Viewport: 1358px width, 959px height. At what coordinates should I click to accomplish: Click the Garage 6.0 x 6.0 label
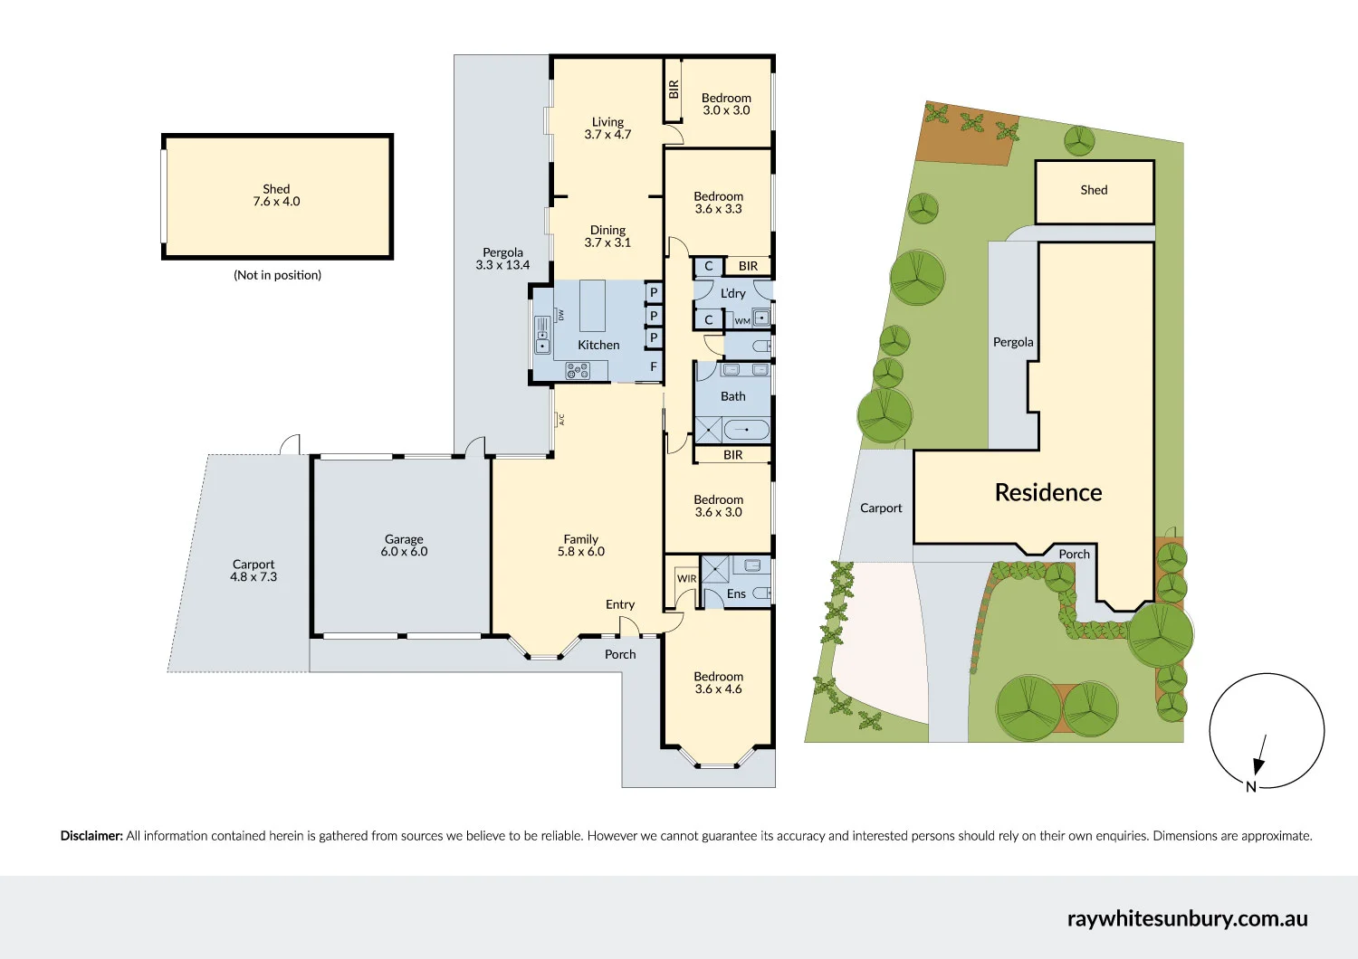tap(404, 545)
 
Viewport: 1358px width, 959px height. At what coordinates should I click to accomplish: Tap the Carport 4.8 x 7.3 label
tap(253, 570)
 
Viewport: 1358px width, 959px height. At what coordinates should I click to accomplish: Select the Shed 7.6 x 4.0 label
tap(276, 195)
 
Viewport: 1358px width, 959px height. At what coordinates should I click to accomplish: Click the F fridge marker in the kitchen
tap(654, 366)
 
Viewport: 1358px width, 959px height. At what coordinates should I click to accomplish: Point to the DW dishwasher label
tap(561, 315)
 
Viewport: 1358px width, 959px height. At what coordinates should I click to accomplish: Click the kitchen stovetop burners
tap(578, 370)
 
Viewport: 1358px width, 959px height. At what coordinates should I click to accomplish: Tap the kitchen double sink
tap(542, 335)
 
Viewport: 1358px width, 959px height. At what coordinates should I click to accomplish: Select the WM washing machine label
tap(742, 321)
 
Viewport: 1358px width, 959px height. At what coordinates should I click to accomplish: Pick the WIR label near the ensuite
tap(687, 579)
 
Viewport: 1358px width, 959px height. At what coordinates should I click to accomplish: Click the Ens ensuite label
tap(736, 594)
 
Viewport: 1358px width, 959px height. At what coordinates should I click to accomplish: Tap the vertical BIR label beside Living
tap(674, 90)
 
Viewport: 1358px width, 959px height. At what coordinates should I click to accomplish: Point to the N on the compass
tap(1251, 787)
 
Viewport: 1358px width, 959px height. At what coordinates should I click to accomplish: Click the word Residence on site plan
tap(1048, 492)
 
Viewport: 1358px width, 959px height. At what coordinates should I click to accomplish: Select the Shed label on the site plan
tap(1094, 190)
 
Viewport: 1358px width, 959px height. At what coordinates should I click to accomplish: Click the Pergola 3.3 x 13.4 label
tap(502, 259)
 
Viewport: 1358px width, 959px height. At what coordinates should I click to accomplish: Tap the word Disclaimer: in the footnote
tap(91, 836)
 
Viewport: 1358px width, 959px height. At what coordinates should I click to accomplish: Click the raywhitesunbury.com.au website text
tap(1187, 918)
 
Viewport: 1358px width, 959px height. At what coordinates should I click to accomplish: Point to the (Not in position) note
tap(277, 275)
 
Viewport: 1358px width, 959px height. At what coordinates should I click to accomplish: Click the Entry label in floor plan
tap(620, 604)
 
